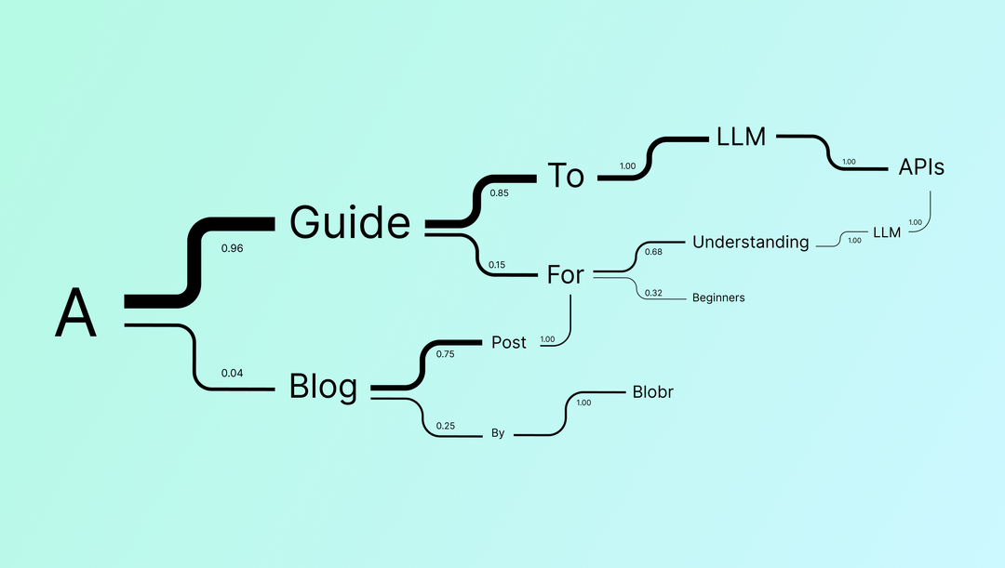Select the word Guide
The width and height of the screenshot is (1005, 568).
[349, 223]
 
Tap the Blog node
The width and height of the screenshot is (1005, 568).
[323, 386]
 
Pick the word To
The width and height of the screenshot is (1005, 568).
[565, 175]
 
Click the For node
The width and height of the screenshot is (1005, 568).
[565, 274]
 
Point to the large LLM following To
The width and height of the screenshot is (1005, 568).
[741, 137]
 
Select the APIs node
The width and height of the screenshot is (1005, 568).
[921, 168]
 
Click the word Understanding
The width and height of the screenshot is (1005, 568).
[750, 243]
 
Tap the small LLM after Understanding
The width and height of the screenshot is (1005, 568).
[887, 232]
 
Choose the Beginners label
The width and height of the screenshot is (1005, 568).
[718, 297]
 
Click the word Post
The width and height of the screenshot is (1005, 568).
[509, 343]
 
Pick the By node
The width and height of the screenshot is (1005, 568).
[498, 433]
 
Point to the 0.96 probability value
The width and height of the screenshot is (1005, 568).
[232, 248]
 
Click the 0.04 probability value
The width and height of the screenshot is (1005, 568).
[232, 373]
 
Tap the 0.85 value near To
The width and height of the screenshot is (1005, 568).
[499, 193]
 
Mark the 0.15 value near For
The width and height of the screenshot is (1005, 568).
[498, 265]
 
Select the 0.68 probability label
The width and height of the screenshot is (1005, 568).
[653, 252]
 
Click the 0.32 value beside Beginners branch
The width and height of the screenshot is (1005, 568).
[653, 293]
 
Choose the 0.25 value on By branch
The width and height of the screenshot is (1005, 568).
[446, 427]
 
